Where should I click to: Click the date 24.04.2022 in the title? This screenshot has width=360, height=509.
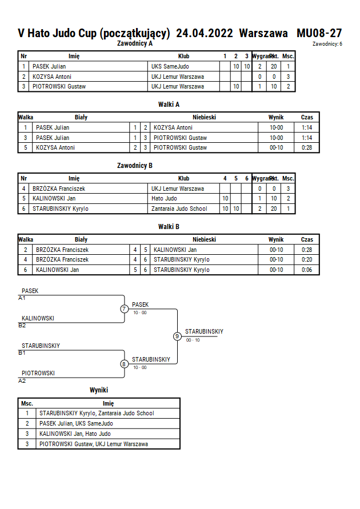[205, 33]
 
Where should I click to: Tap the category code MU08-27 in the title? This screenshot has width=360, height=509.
[319, 33]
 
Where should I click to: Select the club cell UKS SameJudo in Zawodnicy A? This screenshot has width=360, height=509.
[170, 66]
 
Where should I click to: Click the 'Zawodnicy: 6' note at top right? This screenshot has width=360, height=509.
[327, 44]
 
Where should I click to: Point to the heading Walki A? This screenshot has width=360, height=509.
[169, 105]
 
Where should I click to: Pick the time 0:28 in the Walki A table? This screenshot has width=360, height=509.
[307, 148]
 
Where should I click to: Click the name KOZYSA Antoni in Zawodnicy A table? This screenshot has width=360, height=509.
[52, 77]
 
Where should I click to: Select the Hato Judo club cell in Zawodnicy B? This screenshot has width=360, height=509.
[164, 198]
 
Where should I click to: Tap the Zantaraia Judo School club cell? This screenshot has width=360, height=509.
[179, 209]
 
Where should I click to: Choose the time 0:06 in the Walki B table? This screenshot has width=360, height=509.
[307, 270]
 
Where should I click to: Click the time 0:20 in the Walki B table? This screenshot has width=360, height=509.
[307, 260]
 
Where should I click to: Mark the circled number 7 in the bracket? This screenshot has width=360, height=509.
[124, 308]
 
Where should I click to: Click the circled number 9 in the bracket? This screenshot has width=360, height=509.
[177, 336]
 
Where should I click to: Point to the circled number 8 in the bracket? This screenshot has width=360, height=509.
[124, 364]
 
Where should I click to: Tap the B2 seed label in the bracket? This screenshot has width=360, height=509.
[22, 326]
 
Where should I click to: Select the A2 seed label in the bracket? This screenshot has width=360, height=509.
[22, 381]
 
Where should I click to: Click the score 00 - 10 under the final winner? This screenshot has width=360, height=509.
[193, 340]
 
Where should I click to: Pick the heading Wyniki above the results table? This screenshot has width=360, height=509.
[99, 390]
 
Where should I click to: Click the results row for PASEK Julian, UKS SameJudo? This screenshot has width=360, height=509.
[99, 424]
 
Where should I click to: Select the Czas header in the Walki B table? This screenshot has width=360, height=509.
[307, 239]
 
